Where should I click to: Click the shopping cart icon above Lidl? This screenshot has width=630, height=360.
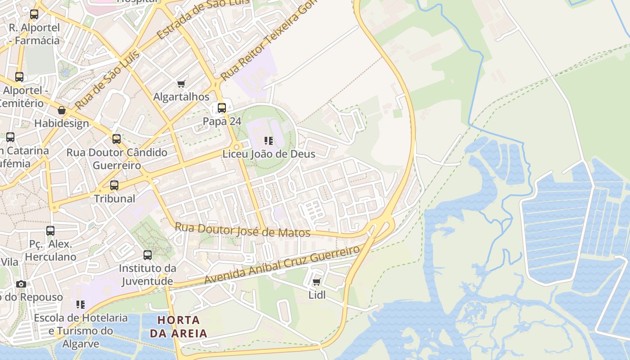(x=316, y=282)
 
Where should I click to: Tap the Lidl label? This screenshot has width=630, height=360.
(x=317, y=295)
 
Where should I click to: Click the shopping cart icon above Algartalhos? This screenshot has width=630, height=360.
(x=181, y=84)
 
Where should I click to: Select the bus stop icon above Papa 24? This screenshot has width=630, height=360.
(x=222, y=108)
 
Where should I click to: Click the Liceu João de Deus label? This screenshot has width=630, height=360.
(x=269, y=154)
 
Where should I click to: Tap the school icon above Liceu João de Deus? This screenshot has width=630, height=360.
(x=269, y=141)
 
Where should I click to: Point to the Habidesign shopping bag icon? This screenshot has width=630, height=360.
(x=62, y=110)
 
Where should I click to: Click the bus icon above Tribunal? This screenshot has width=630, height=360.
(x=114, y=185)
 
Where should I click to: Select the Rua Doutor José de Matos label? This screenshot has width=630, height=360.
(x=243, y=230)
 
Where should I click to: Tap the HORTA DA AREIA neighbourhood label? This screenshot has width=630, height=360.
(x=178, y=327)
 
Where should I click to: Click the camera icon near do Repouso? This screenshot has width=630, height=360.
(x=21, y=284)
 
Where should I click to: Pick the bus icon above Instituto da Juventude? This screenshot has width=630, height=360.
(x=148, y=255)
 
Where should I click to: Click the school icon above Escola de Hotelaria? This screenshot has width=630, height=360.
(x=81, y=305)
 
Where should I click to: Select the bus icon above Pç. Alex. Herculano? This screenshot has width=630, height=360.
(x=50, y=231)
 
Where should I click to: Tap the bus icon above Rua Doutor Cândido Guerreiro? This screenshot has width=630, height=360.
(x=117, y=139)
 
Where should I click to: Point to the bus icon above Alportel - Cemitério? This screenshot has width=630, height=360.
(x=19, y=77)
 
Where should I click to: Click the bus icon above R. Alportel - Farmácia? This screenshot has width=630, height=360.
(x=34, y=14)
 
